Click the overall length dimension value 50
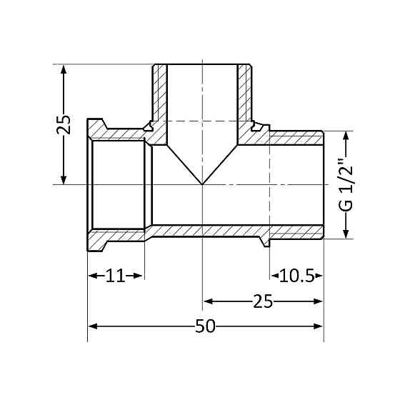click(205, 326)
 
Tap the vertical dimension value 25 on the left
click(64, 125)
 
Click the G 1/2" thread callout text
click(346, 184)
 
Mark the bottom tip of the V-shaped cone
click(204, 184)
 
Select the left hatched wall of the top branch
click(159, 96)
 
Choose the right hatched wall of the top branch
click(246, 96)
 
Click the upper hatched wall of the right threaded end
click(296, 136)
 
